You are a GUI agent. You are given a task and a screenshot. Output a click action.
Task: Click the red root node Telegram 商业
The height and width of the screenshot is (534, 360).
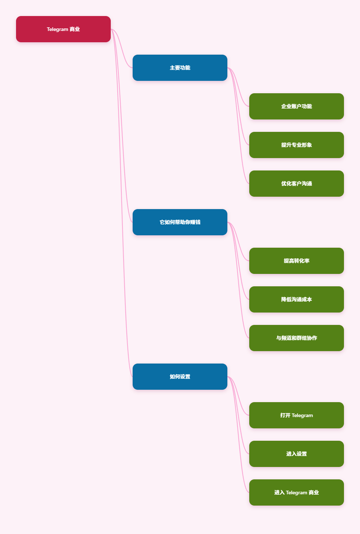click(x=63, y=29)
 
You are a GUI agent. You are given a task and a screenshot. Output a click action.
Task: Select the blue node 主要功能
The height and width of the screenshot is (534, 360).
click(x=180, y=68)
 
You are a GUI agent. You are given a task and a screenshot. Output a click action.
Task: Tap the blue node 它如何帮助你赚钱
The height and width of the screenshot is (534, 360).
click(x=180, y=222)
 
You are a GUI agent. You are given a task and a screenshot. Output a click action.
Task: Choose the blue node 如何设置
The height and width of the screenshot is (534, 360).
click(x=180, y=377)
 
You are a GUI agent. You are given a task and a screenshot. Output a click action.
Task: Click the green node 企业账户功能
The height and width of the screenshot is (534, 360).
click(x=296, y=106)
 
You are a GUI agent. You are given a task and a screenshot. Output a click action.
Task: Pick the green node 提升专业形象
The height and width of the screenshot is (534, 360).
click(x=296, y=145)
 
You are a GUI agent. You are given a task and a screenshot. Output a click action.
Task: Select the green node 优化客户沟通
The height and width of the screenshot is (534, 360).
click(x=296, y=184)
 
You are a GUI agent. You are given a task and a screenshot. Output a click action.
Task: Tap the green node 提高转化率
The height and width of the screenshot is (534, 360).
click(x=296, y=261)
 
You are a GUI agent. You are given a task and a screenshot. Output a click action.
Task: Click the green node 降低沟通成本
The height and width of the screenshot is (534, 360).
click(x=296, y=299)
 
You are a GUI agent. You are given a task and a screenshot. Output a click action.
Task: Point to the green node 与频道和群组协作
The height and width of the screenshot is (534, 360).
click(x=296, y=338)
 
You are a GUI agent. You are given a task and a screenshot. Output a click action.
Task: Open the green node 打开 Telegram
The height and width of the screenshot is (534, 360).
click(x=296, y=415)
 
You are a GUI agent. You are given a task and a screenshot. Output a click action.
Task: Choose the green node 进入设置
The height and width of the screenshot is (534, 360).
click(x=296, y=454)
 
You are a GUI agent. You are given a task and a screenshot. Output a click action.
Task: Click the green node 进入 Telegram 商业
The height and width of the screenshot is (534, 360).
click(x=296, y=492)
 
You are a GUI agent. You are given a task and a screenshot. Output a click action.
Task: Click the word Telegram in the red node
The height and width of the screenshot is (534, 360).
click(x=58, y=29)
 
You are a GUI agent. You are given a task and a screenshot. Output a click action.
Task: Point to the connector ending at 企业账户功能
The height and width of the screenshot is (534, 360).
click(x=238, y=87)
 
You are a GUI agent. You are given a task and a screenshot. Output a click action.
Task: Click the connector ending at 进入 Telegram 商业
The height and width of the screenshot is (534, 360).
click(x=238, y=435)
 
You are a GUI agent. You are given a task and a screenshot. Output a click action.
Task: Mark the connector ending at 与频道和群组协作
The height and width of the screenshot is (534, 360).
click(x=238, y=280)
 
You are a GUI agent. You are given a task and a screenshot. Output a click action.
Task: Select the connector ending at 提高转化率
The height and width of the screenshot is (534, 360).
click(x=238, y=242)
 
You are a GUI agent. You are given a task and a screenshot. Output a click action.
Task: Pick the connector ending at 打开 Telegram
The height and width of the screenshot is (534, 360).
click(x=238, y=396)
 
